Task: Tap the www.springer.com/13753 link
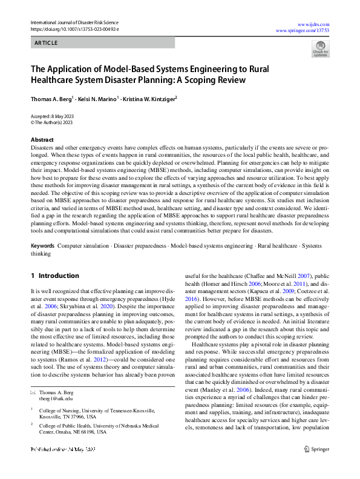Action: coord(303,29)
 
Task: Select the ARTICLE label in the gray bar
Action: coord(46,43)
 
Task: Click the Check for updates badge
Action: coord(320,48)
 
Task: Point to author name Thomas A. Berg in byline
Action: coord(51,98)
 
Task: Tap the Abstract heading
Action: coord(42,140)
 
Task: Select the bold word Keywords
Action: coord(42,246)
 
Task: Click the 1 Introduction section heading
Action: coord(55,276)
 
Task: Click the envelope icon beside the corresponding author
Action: coord(33,392)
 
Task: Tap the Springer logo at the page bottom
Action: coord(317,466)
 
